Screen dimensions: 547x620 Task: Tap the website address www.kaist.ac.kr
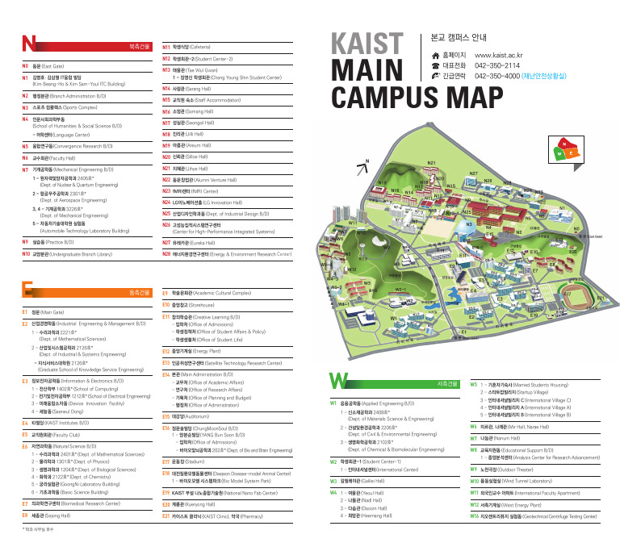(511, 55)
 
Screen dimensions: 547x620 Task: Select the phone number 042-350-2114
(498, 65)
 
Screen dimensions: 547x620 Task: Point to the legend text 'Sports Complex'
(77, 106)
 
